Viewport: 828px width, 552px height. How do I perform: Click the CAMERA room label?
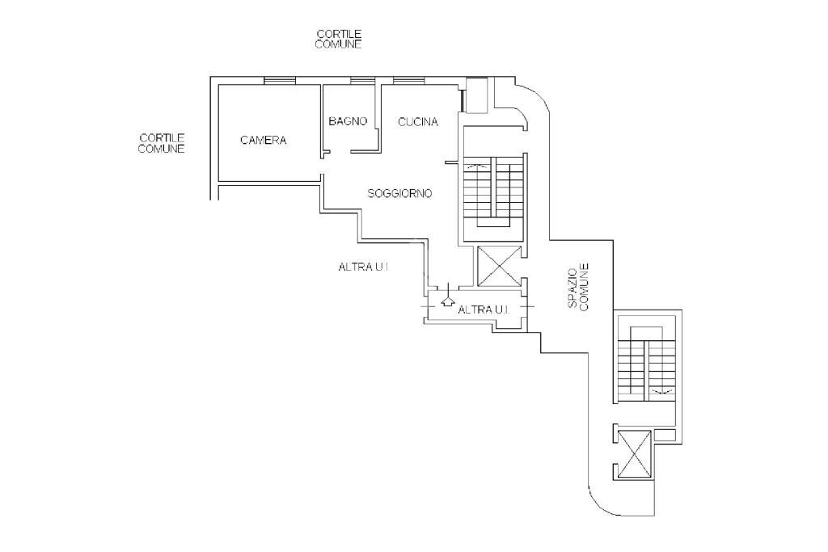pyautogui.click(x=263, y=141)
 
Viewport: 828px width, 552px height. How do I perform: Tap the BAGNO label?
pyautogui.click(x=348, y=121)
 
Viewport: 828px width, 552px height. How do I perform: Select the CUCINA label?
pyautogui.click(x=418, y=122)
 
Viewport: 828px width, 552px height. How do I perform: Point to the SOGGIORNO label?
pyautogui.click(x=399, y=194)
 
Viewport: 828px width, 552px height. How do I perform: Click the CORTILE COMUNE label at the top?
pyautogui.click(x=339, y=40)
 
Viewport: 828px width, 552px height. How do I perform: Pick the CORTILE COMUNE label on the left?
pyautogui.click(x=162, y=144)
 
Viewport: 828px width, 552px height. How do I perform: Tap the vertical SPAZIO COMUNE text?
pyautogui.click(x=578, y=287)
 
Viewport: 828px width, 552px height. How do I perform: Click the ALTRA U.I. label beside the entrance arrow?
pyautogui.click(x=484, y=310)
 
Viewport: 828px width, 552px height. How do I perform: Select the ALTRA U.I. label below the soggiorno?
pyautogui.click(x=363, y=267)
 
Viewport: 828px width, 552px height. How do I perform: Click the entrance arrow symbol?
pyautogui.click(x=448, y=299)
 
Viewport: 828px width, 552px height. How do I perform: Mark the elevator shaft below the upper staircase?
pyautogui.click(x=498, y=266)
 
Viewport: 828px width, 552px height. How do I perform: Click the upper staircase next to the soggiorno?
pyautogui.click(x=495, y=191)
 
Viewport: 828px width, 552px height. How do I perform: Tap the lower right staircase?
pyautogui.click(x=647, y=364)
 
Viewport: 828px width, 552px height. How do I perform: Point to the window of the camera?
pyautogui.click(x=279, y=80)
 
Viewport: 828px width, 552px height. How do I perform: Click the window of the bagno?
pyautogui.click(x=363, y=80)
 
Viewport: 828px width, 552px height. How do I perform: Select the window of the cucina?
pyautogui.click(x=409, y=80)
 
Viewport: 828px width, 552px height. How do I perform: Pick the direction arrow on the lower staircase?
pyautogui.click(x=662, y=391)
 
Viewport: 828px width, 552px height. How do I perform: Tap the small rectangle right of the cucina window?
pyautogui.click(x=477, y=95)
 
